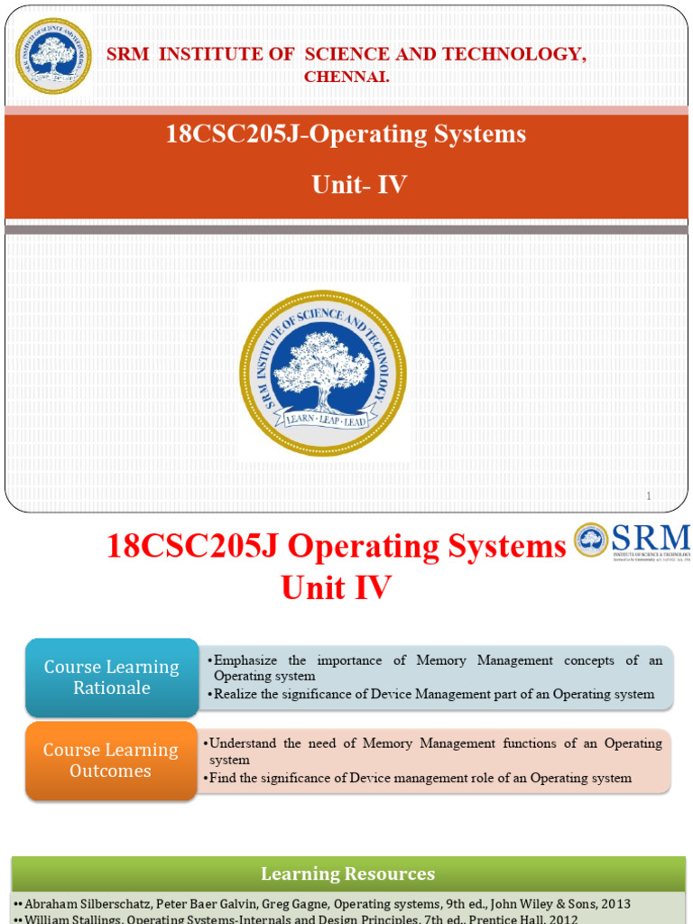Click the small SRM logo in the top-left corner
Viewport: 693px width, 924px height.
(x=53, y=56)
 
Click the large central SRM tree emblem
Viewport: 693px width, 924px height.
(x=323, y=373)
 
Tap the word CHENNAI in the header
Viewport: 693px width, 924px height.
(x=346, y=78)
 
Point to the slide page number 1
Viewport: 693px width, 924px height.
(x=648, y=495)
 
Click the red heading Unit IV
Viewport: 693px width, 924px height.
(x=336, y=588)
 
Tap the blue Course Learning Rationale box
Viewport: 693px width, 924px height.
(x=112, y=677)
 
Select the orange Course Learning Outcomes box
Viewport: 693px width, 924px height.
(x=111, y=760)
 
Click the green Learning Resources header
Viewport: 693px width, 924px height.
(x=347, y=873)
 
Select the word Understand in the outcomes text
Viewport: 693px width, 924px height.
(x=242, y=744)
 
